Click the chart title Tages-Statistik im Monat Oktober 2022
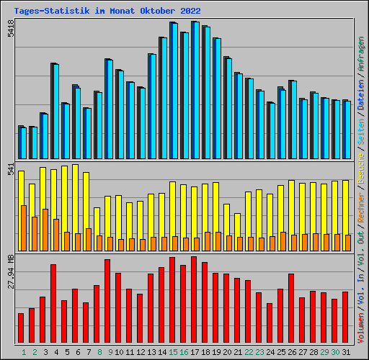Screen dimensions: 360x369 107,12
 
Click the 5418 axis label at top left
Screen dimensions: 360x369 10,31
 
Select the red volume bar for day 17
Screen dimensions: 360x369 194,300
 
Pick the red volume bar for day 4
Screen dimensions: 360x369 53,303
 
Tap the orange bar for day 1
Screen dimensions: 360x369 24,228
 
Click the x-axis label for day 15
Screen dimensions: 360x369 173,352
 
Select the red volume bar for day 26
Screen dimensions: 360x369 291,308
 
